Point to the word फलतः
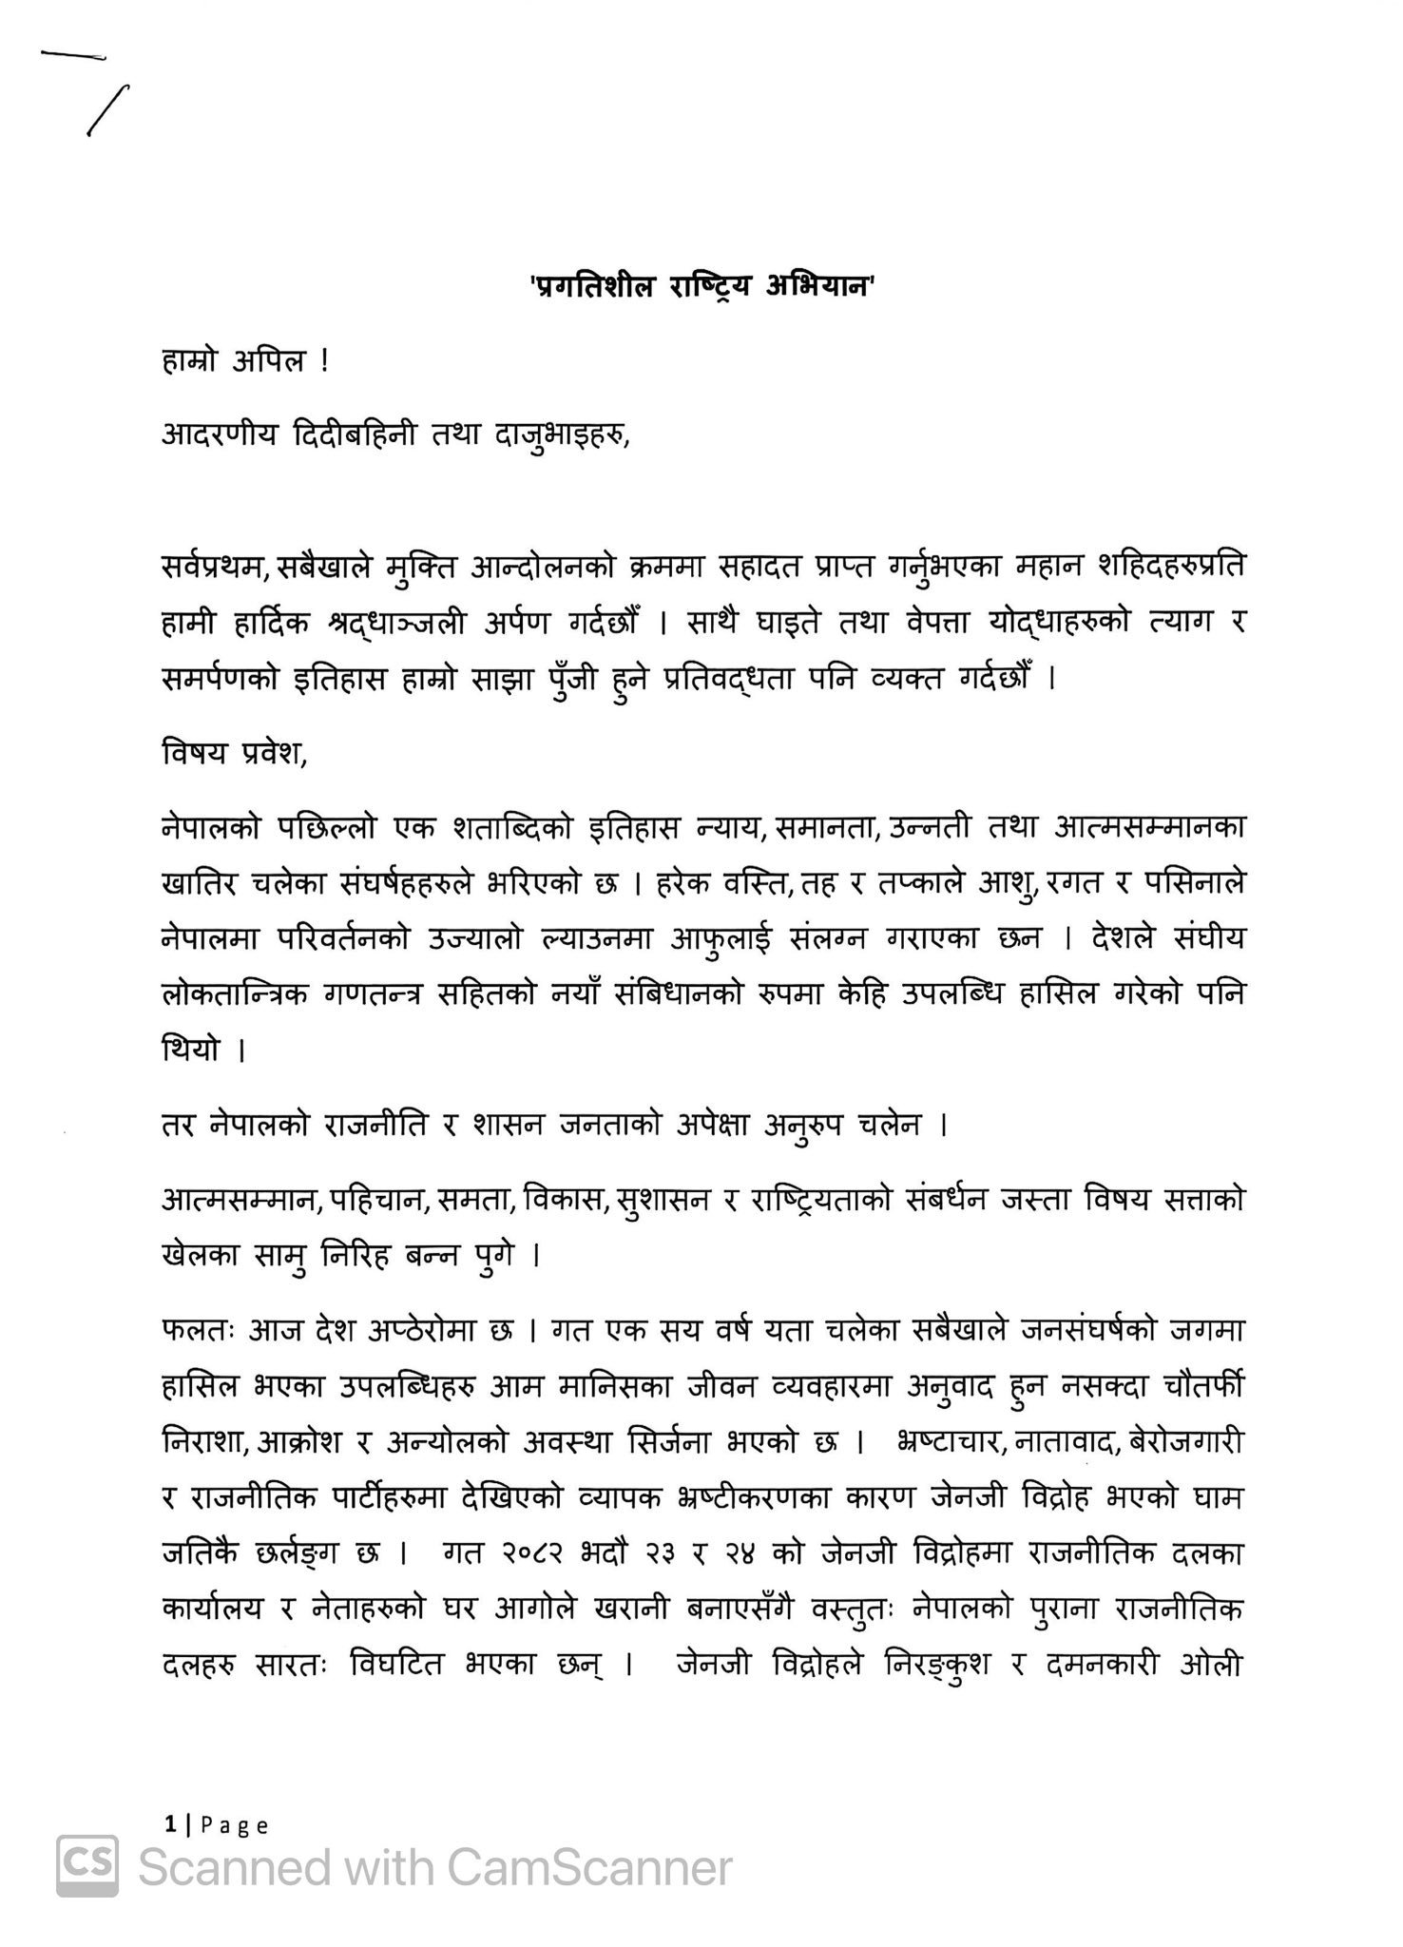[x=195, y=1331]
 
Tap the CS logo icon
[x=87, y=1867]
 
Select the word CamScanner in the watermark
[x=589, y=1867]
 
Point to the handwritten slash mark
[x=107, y=111]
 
